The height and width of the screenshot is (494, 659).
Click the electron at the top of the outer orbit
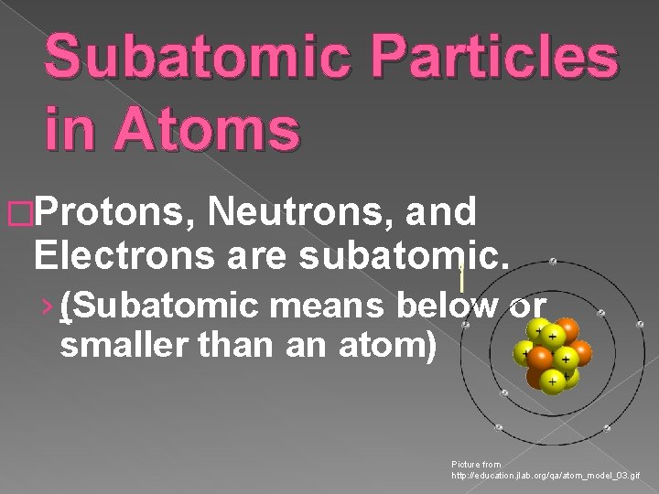[x=552, y=261]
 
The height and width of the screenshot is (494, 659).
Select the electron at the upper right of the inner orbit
[x=600, y=313]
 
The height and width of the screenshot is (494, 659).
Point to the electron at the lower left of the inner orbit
[x=503, y=393]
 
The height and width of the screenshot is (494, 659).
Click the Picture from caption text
[x=476, y=465]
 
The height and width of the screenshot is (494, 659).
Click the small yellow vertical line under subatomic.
[x=463, y=274]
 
